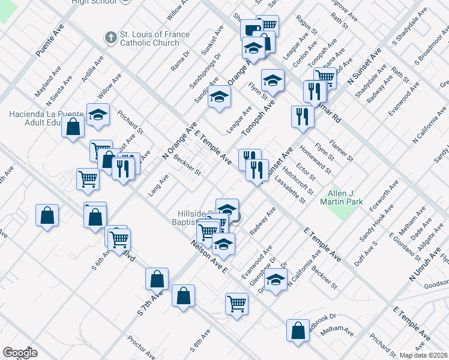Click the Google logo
20,353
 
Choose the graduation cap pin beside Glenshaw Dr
276,281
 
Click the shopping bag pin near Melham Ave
298,330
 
